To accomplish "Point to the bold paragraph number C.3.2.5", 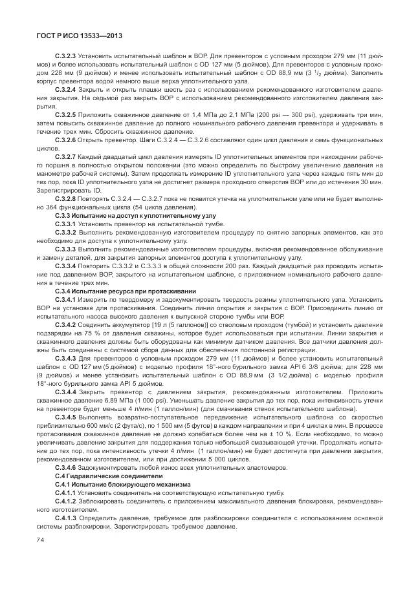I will (65, 114).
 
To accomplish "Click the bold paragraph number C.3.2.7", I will (65, 158).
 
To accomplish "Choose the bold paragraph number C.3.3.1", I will (65, 224).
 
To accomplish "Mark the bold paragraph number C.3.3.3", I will (65, 249).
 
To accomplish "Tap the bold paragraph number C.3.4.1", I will (65, 300).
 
